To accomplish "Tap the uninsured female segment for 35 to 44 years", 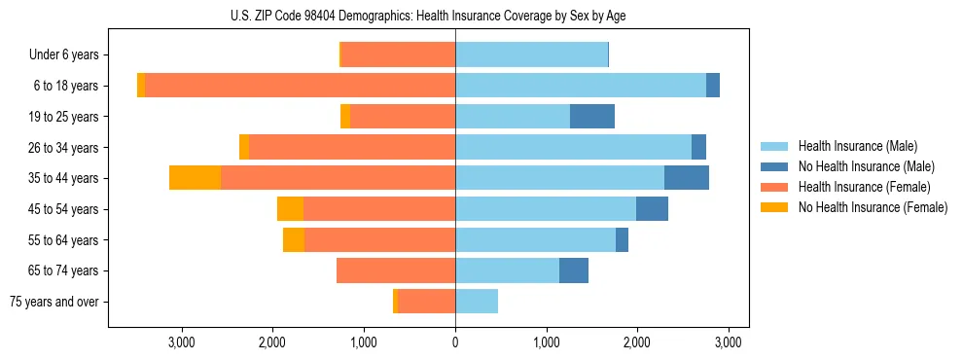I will tap(195, 178).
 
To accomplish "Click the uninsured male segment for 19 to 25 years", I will tap(591, 117).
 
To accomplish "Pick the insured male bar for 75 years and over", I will tap(477, 302).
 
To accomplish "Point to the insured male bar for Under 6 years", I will tap(531, 55).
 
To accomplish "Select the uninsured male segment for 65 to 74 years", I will tap(574, 270).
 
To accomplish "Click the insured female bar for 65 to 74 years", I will tap(396, 270).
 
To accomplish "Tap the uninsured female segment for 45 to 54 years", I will tap(290, 209).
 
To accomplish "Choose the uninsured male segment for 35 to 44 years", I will tap(687, 178).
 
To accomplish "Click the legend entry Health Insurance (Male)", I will tap(857, 146).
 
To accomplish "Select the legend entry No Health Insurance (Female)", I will tap(872, 207).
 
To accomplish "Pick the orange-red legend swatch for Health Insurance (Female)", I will tap(774, 187).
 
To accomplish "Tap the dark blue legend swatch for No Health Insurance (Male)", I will tap(774, 166).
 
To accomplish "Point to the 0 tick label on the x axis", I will tap(455, 342).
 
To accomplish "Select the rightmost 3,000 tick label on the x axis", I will tap(729, 342).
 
